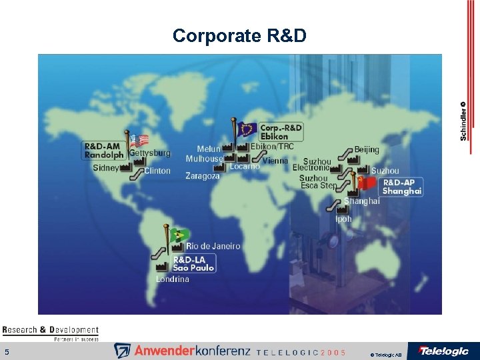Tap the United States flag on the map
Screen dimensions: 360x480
[139, 140]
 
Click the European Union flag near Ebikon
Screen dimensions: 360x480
[247, 128]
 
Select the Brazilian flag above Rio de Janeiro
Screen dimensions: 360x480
[179, 235]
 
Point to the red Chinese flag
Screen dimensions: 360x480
[367, 182]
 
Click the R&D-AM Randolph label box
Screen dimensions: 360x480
[105, 150]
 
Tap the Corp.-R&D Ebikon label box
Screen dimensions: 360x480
[280, 131]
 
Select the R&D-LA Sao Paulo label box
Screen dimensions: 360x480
[193, 263]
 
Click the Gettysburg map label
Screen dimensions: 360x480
[149, 153]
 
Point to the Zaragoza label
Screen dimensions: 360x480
[202, 176]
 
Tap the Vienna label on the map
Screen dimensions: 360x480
[275, 161]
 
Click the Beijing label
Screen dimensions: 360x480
[367, 149]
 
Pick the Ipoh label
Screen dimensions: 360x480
[344, 219]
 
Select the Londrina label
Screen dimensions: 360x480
[173, 279]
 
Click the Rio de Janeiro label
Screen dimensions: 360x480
[213, 246]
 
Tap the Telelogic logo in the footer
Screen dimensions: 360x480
[443, 351]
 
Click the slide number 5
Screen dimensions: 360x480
[7, 351]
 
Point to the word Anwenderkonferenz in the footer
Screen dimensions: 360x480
[191, 351]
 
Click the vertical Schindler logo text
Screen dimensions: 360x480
[463, 120]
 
